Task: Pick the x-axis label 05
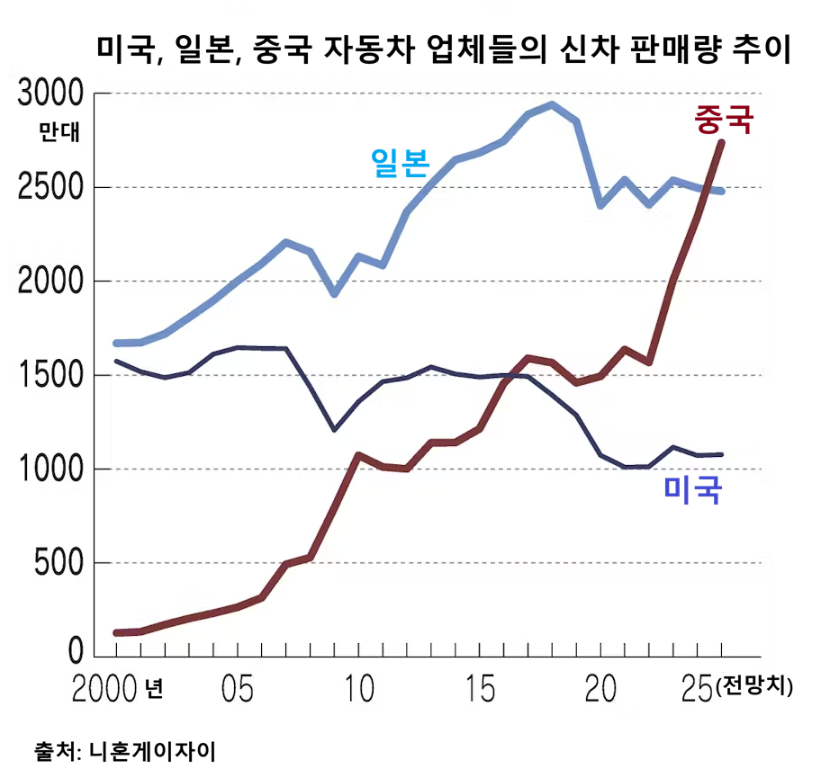237,691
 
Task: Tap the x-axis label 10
360,691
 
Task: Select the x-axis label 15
481,691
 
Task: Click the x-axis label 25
694,691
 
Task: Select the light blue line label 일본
400,161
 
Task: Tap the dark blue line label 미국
692,489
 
